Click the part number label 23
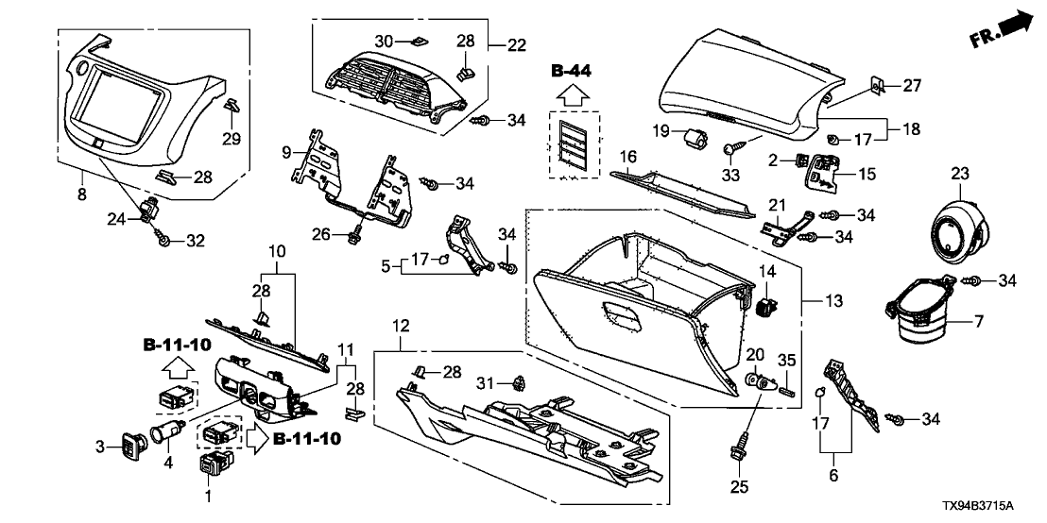pyautogui.click(x=959, y=174)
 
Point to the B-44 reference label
pyautogui.click(x=573, y=70)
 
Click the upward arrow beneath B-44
pyautogui.click(x=573, y=93)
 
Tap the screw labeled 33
pyautogui.click(x=733, y=148)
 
